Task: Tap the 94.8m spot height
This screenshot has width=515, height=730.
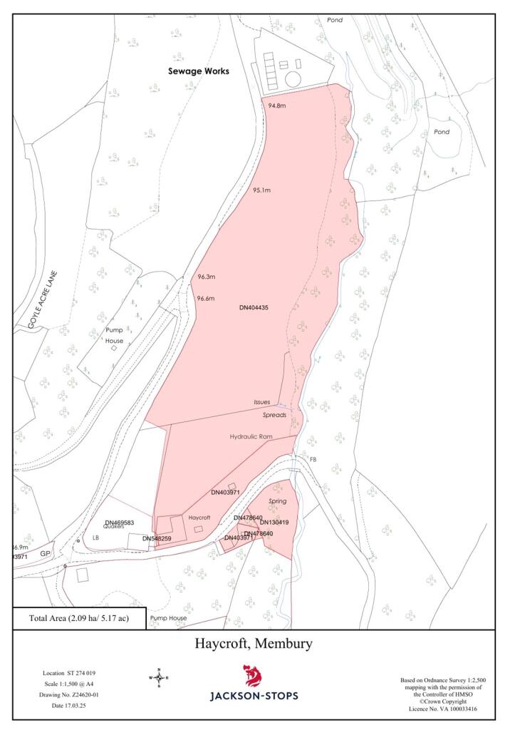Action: pos(277,106)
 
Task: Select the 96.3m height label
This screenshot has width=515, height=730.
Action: pos(207,277)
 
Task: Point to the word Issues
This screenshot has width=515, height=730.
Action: pos(262,402)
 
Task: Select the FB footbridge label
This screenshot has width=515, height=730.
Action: pos(313,459)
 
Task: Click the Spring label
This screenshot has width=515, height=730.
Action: pos(276,501)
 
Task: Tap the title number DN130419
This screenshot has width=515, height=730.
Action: pos(274,523)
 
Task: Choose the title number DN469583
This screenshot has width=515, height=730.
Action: pos(120,523)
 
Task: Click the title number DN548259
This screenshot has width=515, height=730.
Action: pos(157,538)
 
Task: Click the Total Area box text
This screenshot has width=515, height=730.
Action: pos(79,618)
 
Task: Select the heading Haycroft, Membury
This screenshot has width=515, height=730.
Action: pos(254,644)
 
